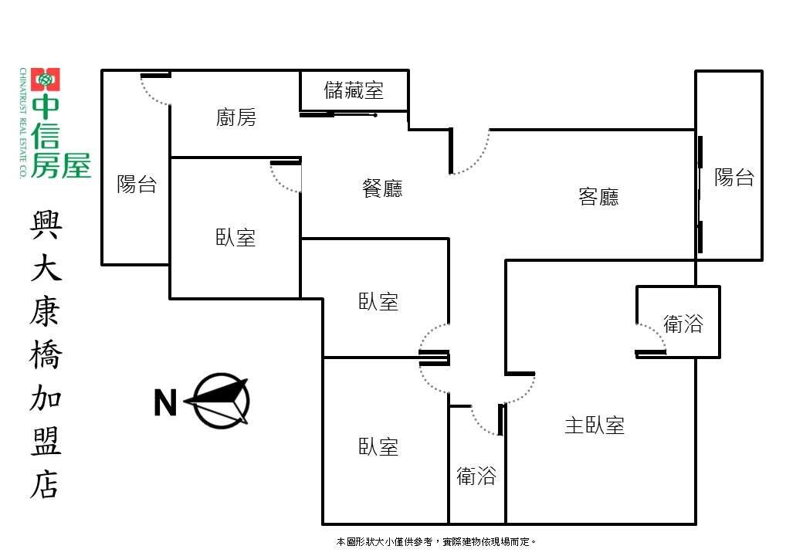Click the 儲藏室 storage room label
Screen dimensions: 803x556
point(354,90)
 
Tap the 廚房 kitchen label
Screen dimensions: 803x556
point(235,117)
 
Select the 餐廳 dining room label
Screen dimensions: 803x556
point(382,188)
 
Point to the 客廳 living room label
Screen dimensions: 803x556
point(598,197)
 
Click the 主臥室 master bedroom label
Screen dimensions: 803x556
point(594,425)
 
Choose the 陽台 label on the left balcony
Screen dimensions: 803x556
point(136,185)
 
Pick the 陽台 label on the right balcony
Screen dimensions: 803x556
point(734,177)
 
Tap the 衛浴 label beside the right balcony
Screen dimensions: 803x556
point(683,324)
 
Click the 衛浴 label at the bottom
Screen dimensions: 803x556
point(476,476)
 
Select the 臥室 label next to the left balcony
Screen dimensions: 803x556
point(235,238)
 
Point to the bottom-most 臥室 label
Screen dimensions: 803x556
point(378,447)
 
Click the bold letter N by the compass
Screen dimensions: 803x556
point(165,403)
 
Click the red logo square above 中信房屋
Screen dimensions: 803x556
point(45,80)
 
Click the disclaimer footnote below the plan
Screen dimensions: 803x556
point(435,541)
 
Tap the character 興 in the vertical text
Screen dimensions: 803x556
point(46,225)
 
